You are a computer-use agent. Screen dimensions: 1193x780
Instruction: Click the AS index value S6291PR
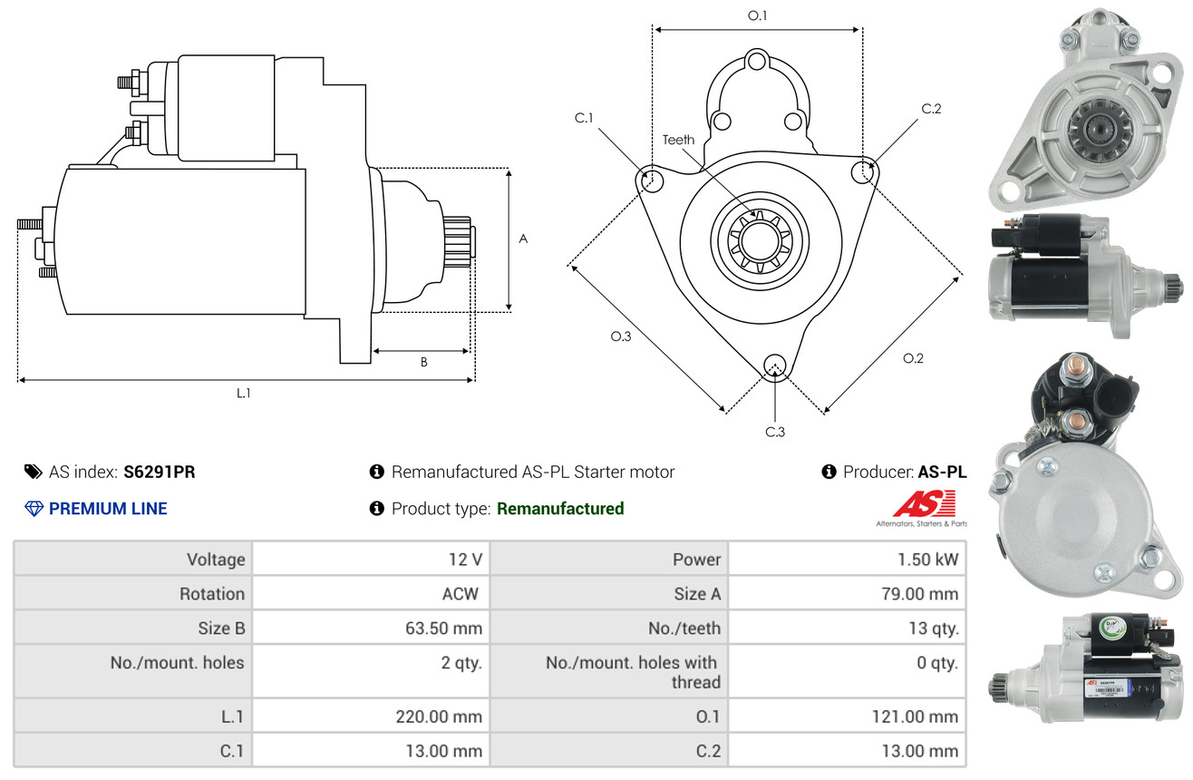coord(160,472)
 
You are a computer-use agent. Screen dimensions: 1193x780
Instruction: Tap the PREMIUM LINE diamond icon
coord(34,508)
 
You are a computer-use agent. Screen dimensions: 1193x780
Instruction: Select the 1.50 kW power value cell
coord(848,559)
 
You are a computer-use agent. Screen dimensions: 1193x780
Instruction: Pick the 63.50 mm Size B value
coord(443,629)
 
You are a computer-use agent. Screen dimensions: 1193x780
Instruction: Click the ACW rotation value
coord(461,593)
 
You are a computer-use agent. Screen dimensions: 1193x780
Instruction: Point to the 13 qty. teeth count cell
coord(848,629)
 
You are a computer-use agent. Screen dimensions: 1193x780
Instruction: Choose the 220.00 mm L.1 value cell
coord(371,717)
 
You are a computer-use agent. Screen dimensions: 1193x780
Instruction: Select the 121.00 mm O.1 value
coord(915,717)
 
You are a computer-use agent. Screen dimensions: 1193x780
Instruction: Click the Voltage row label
coord(216,560)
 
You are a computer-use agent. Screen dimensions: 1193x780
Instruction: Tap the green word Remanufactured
coord(560,508)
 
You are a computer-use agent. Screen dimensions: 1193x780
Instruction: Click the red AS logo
coord(924,504)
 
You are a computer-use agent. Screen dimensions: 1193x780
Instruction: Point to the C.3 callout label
coord(775,432)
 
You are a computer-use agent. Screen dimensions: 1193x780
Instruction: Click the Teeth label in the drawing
coord(678,140)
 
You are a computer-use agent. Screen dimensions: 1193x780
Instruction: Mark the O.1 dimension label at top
coord(757,15)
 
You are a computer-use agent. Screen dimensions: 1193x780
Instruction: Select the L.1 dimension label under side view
coord(243,394)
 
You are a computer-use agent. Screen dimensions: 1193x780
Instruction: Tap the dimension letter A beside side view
coord(523,239)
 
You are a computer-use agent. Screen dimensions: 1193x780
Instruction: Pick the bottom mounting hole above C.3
coord(775,366)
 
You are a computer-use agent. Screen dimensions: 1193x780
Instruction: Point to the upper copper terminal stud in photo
coord(1074,368)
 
